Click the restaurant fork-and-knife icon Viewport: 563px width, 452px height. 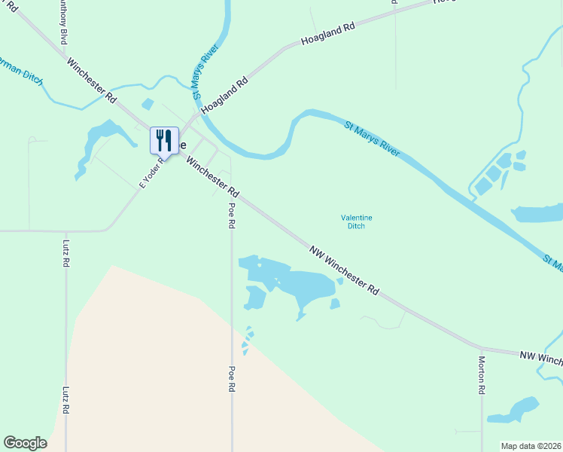coord(164,140)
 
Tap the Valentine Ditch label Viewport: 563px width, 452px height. coord(356,221)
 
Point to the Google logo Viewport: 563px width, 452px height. coord(25,442)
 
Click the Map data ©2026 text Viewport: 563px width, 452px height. coord(531,445)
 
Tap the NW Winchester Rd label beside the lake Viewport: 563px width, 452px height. coord(343,269)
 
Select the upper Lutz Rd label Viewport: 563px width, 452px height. coord(66,254)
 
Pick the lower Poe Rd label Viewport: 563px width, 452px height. coord(232,379)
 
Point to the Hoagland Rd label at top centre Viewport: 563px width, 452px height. coord(327,35)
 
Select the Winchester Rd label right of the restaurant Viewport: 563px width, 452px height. coord(212,174)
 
